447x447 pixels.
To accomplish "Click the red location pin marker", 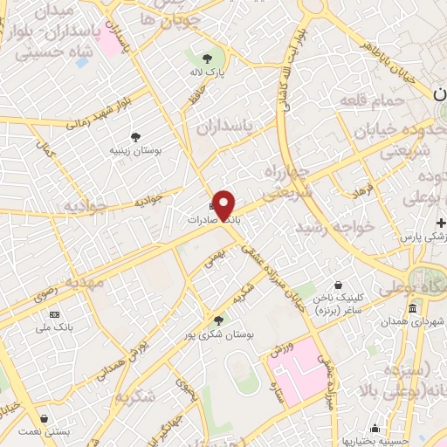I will [225, 204].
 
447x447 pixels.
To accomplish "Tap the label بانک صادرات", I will [213, 220].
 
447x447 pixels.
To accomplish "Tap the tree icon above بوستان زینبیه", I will [136, 136].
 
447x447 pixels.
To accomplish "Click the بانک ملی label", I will [54, 327].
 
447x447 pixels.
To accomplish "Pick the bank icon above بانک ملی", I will [54, 313].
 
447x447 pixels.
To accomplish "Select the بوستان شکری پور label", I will [217, 334].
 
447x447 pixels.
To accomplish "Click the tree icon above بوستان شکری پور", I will [217, 320].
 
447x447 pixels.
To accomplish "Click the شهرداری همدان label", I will [410, 323].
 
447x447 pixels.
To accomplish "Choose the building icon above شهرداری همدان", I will [411, 308].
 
